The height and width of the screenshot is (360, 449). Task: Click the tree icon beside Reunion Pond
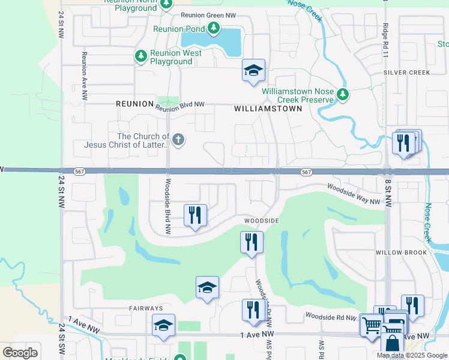click(x=214, y=28)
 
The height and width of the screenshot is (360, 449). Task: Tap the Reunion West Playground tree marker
click(x=141, y=56)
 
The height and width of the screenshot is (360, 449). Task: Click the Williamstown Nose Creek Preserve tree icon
click(x=342, y=94)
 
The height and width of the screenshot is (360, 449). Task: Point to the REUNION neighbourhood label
click(x=135, y=104)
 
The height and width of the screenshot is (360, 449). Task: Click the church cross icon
click(x=178, y=140)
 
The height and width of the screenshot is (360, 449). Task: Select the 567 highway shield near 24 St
click(x=79, y=172)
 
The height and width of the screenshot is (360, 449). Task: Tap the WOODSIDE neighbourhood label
click(x=261, y=221)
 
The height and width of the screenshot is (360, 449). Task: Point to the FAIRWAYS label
click(x=146, y=308)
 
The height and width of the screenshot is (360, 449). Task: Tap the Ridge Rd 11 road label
click(x=385, y=37)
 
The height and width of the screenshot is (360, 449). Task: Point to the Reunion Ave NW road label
click(x=85, y=76)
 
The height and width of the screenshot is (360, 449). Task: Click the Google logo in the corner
click(x=20, y=352)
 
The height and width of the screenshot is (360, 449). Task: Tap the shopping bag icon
click(x=392, y=344)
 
